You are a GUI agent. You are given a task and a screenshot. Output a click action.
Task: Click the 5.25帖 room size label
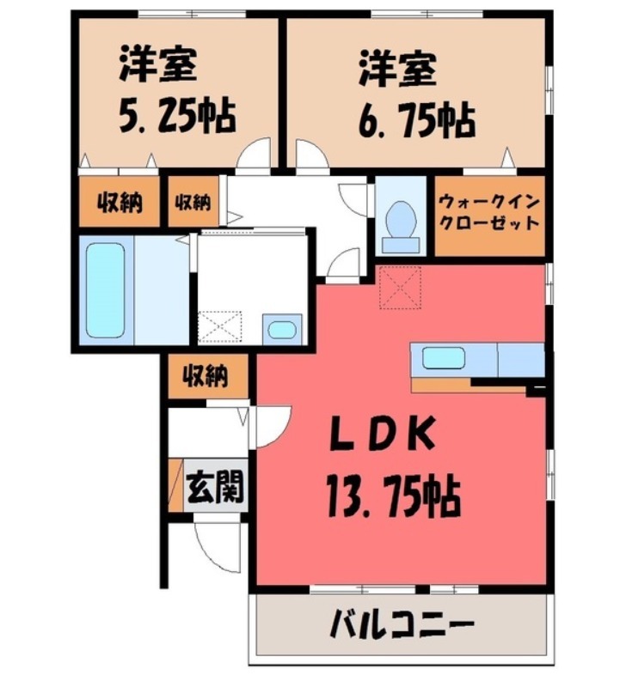[176, 115]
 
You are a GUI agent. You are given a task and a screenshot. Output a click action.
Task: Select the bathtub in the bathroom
[106, 290]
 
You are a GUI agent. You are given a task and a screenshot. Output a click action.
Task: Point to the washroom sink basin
[281, 329]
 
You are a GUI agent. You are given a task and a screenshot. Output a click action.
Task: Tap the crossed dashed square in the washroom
[220, 328]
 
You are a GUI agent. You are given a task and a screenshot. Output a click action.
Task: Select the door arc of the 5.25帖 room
[255, 155]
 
